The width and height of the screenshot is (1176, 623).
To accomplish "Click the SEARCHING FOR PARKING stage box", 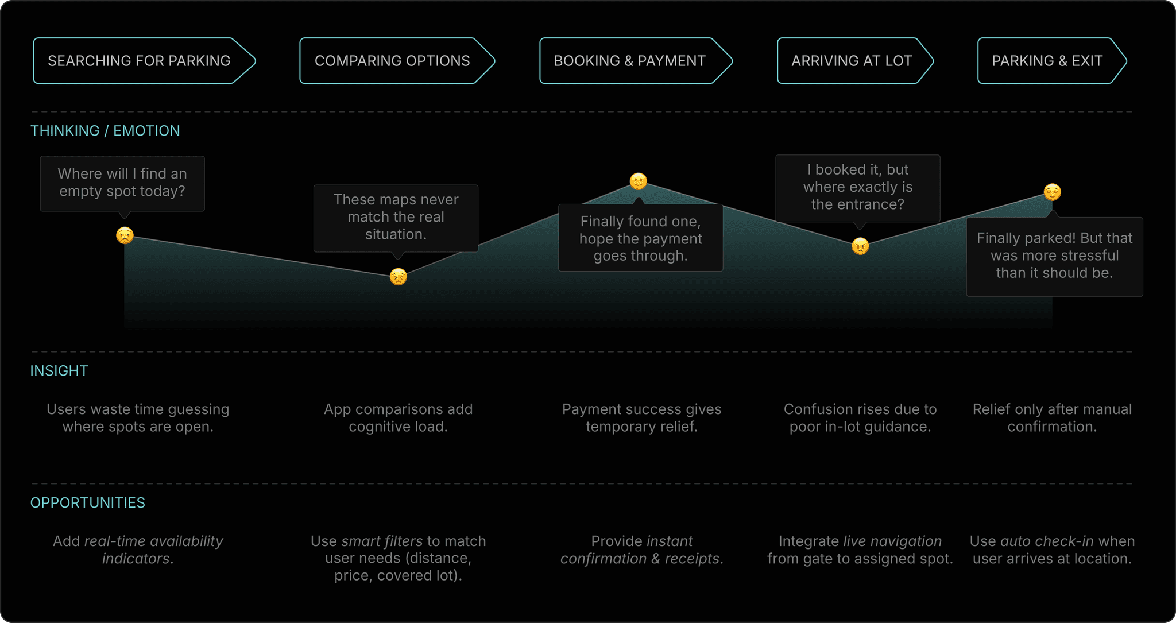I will point(139,61).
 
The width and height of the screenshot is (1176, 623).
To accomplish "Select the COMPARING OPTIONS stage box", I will point(392,61).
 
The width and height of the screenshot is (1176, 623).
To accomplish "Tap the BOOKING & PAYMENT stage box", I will point(629,61).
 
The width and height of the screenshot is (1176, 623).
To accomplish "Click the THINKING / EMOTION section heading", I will point(105,131).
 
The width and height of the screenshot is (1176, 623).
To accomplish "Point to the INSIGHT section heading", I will point(59,371).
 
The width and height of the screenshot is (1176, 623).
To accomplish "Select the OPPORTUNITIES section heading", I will point(88,503).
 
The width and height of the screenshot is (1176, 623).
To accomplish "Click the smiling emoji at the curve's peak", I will point(638,181).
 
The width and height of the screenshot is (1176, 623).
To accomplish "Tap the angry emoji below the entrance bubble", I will point(860,246).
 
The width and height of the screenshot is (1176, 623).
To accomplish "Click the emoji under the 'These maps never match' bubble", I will point(398,277).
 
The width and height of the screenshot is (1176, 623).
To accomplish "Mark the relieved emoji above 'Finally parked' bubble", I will point(1052,192).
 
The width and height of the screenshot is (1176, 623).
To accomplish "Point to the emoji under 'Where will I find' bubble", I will point(125,235).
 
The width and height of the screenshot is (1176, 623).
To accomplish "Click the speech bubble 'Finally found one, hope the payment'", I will point(640,238).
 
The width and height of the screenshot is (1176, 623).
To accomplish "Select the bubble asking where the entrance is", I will point(857,187).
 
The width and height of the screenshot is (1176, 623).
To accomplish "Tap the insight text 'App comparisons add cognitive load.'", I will point(398,418).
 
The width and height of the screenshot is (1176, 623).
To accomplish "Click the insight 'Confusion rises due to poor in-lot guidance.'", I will point(860,418).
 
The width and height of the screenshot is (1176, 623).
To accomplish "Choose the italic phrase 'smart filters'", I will point(382,541).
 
